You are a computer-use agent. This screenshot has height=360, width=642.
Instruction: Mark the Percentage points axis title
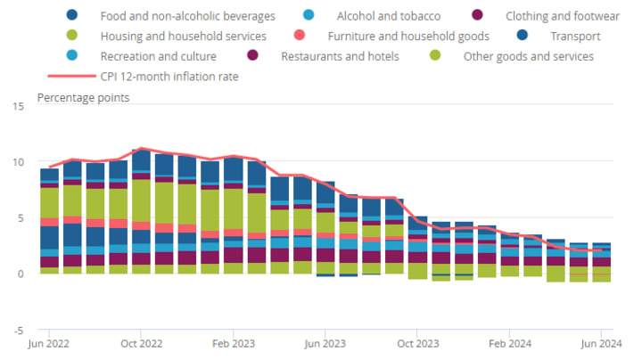pyautogui.click(x=83, y=97)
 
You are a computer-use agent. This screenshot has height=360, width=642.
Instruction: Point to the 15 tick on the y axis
pyautogui.click(x=19, y=107)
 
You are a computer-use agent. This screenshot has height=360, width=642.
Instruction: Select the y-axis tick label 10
pyautogui.click(x=19, y=162)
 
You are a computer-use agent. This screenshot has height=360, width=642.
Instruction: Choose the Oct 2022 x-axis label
pyautogui.click(x=141, y=344)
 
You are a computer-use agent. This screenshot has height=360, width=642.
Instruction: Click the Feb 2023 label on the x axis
pyautogui.click(x=233, y=344)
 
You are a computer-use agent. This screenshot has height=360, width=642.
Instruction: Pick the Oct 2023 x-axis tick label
pyautogui.click(x=416, y=344)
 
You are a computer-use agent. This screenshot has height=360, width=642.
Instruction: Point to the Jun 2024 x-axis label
pyautogui.click(x=601, y=344)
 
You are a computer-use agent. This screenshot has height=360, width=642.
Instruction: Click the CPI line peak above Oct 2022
pyautogui.click(x=141, y=149)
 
